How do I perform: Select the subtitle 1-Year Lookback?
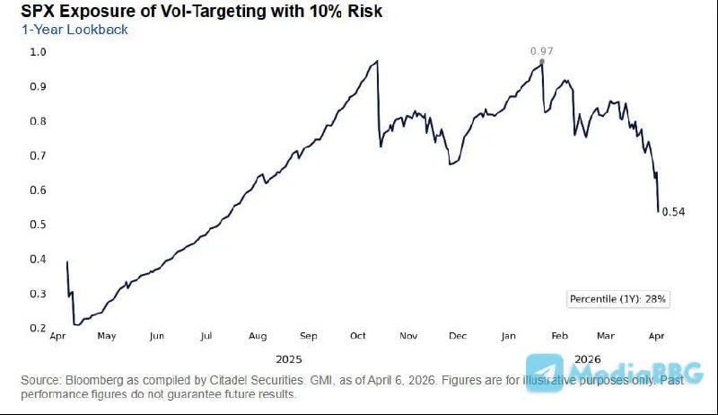[x=74, y=30]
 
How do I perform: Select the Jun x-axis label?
[x=156, y=336]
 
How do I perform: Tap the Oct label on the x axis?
[x=358, y=336]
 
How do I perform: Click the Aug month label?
[x=258, y=336]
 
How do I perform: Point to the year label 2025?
[x=288, y=357]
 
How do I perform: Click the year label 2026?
[x=588, y=357]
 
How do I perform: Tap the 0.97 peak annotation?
[x=541, y=50]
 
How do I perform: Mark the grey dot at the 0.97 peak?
[x=542, y=61]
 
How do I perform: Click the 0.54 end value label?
[x=673, y=211]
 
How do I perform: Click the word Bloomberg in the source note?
[x=93, y=380]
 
